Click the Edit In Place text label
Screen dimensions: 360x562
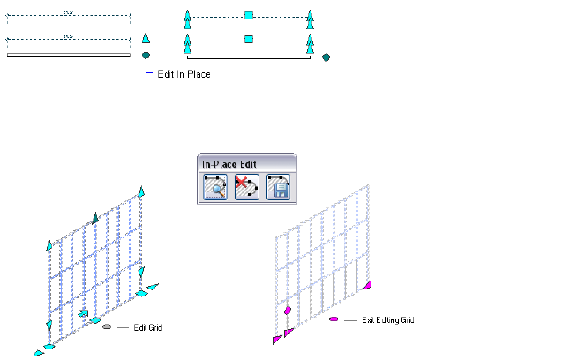(x=183, y=74)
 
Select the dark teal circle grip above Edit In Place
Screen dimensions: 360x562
(x=146, y=55)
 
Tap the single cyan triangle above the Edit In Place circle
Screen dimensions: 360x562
(x=146, y=39)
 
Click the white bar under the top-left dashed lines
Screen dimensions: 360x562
(x=69, y=55)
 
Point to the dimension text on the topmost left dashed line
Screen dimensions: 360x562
(x=69, y=12)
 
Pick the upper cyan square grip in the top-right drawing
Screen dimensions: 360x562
(x=249, y=16)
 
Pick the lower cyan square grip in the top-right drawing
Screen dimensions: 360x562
(x=249, y=40)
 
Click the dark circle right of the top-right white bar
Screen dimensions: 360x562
(x=326, y=57)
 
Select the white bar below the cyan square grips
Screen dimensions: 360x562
(x=248, y=57)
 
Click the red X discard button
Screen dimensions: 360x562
(x=247, y=188)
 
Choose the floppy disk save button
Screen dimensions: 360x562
(x=279, y=188)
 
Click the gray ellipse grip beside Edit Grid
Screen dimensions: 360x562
(x=107, y=326)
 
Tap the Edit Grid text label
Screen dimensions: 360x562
(x=147, y=327)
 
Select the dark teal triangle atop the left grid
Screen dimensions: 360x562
(x=96, y=217)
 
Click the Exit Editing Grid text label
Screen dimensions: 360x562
(x=388, y=320)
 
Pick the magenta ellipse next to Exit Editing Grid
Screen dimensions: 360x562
(x=333, y=319)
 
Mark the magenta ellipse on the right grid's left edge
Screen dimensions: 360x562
(x=288, y=310)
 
